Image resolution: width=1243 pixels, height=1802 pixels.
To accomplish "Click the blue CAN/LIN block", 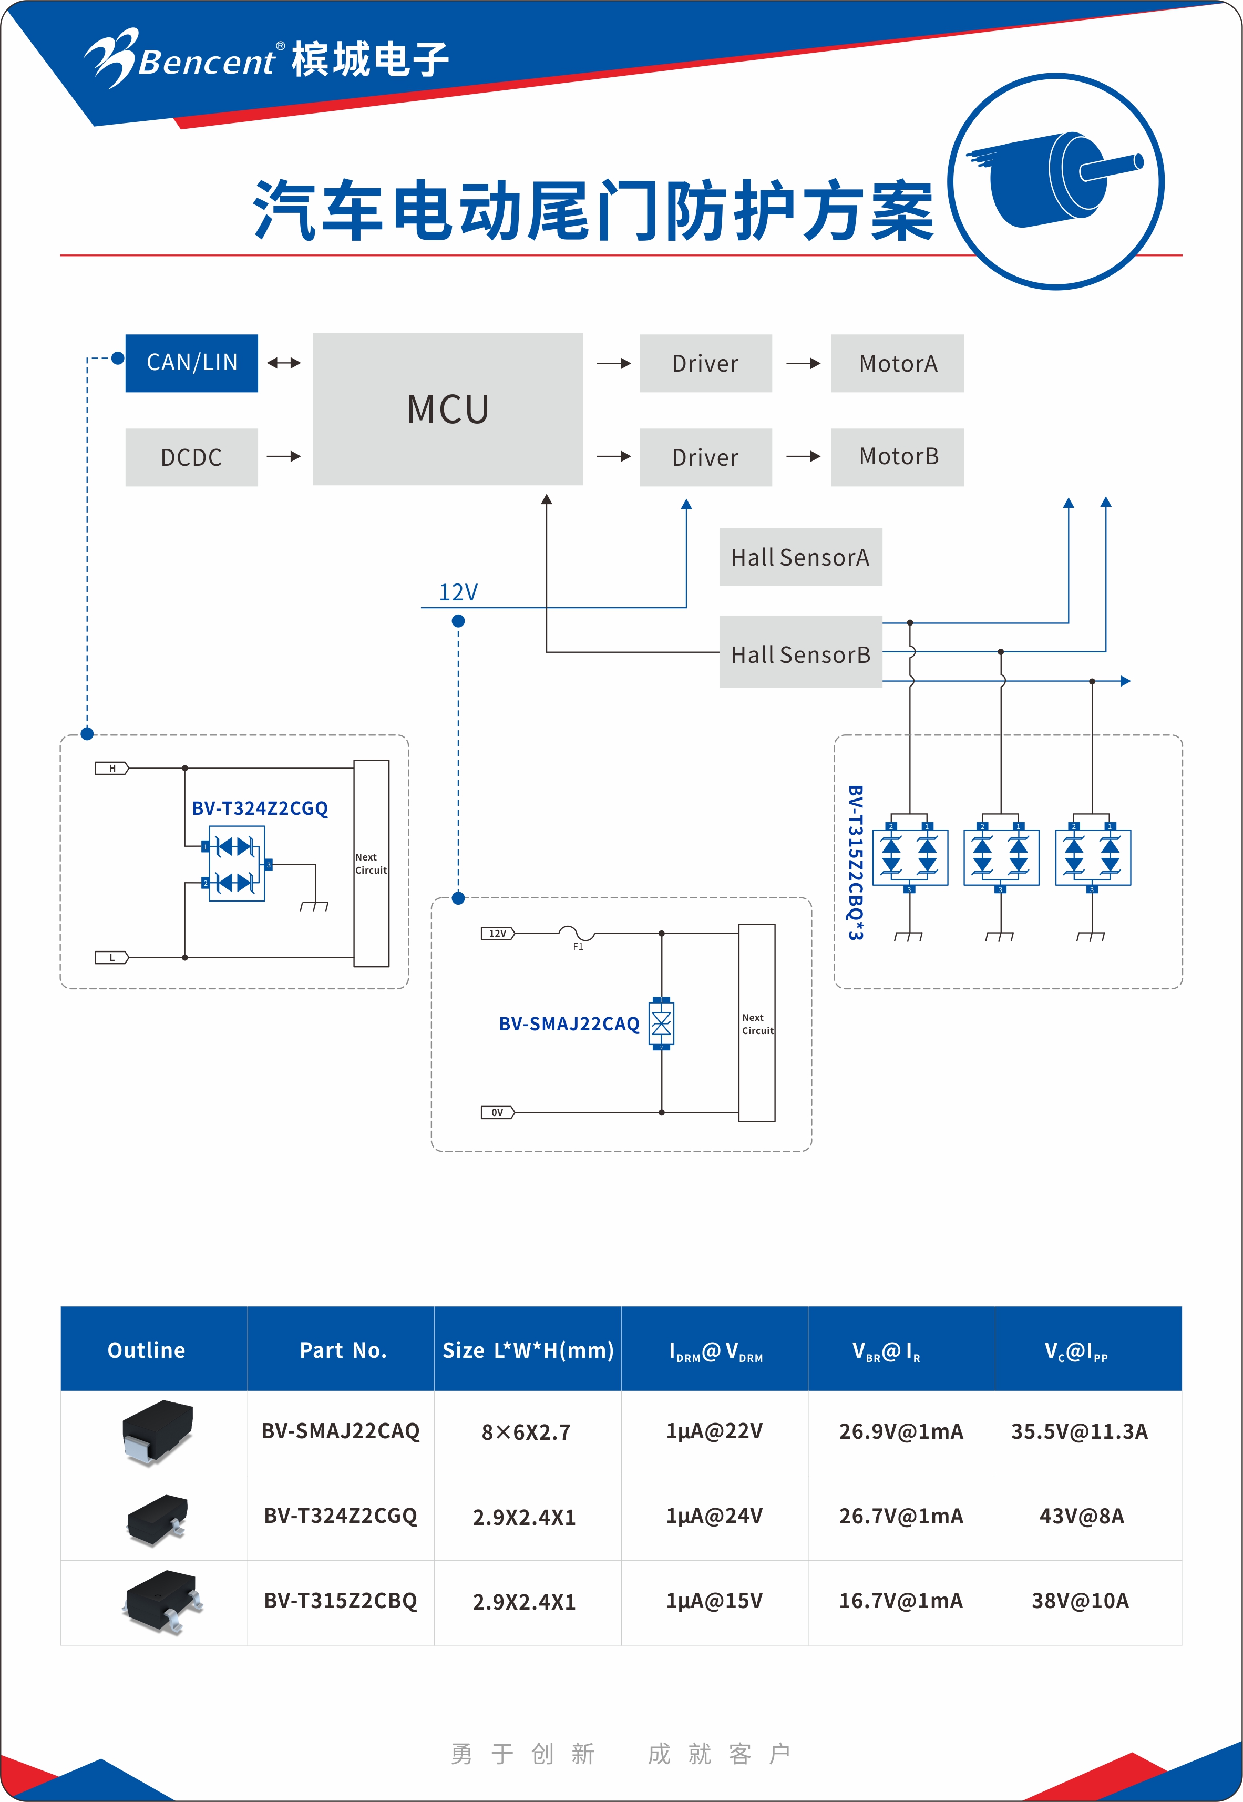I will click(192, 363).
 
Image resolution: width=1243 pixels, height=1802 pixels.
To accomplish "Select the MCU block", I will click(448, 409).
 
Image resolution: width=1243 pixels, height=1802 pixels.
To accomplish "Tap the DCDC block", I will click(192, 457).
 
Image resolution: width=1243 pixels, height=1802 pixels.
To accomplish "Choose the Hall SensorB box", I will click(800, 652).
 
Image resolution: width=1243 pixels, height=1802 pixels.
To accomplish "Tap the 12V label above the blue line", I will click(458, 592).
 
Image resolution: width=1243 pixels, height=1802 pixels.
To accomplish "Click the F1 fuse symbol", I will click(577, 934).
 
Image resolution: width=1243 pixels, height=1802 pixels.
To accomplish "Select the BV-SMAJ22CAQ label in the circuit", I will click(569, 1024).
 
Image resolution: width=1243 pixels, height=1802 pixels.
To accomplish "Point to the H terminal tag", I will click(112, 769).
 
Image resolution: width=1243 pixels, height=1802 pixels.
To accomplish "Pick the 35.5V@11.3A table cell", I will click(1080, 1431).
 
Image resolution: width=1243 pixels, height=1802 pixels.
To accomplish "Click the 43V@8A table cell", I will click(1081, 1516).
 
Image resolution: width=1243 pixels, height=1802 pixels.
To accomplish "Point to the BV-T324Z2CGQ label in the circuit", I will click(260, 808).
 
